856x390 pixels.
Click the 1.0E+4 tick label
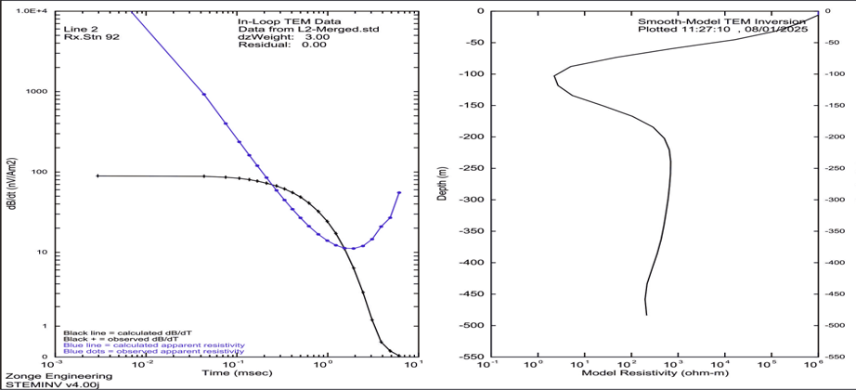coord(34,10)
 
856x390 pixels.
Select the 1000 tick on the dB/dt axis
coord(38,91)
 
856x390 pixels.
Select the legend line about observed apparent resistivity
coord(153,352)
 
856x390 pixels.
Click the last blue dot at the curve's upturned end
coord(399,193)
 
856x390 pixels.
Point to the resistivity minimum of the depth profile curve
coord(554,76)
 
